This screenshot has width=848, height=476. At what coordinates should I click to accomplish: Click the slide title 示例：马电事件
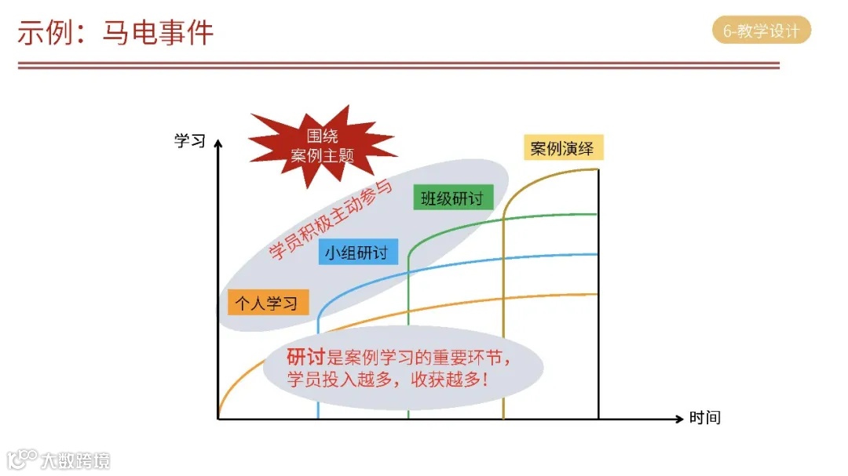click(x=115, y=33)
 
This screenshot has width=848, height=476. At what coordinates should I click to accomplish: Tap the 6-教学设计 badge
click(x=761, y=31)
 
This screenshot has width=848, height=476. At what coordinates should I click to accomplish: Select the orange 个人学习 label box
click(x=268, y=303)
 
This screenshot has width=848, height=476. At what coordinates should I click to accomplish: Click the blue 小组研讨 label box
click(x=359, y=253)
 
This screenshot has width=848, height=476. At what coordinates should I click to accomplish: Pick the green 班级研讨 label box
click(x=452, y=198)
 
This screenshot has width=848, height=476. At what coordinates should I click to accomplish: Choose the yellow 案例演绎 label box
click(x=563, y=148)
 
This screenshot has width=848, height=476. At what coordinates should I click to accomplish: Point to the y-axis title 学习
click(x=189, y=141)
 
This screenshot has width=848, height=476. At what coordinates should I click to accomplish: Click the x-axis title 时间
click(x=704, y=418)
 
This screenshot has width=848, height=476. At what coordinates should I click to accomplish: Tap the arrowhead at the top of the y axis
click(x=218, y=143)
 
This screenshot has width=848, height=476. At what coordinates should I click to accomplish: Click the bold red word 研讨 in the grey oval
click(x=305, y=358)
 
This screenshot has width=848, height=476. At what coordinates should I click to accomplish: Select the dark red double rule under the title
click(x=399, y=66)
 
